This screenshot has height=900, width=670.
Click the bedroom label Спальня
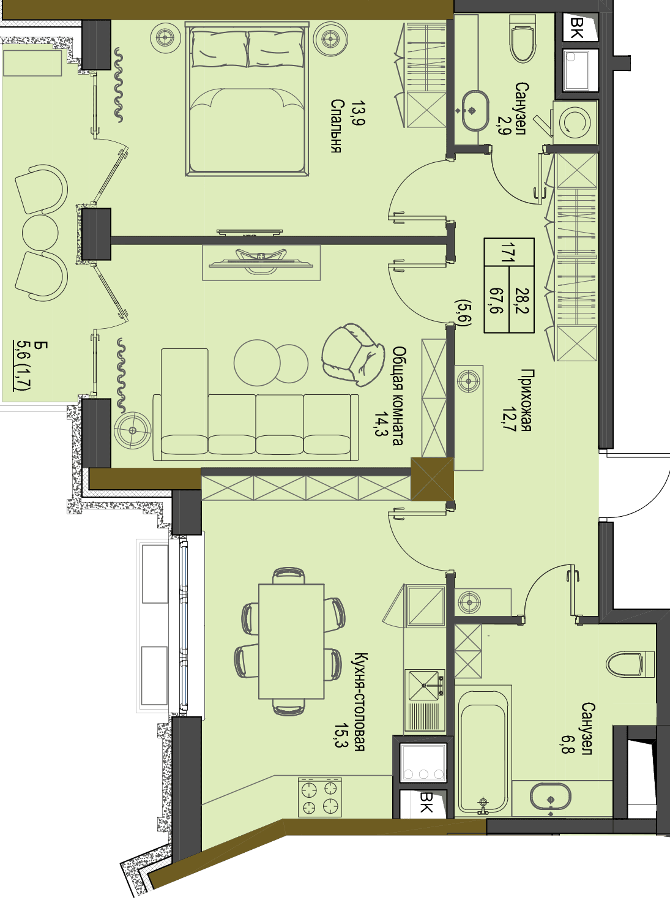[335, 126]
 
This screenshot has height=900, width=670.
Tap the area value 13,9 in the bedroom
[359, 114]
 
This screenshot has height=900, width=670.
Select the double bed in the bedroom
[247, 99]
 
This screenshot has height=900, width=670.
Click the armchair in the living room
[353, 354]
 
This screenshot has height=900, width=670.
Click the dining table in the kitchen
[291, 641]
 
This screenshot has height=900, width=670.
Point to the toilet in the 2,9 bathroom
[523, 39]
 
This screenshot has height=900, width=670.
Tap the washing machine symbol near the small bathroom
[575, 121]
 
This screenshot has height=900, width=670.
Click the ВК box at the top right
[579, 28]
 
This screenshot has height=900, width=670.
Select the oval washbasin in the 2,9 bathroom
[475, 110]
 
